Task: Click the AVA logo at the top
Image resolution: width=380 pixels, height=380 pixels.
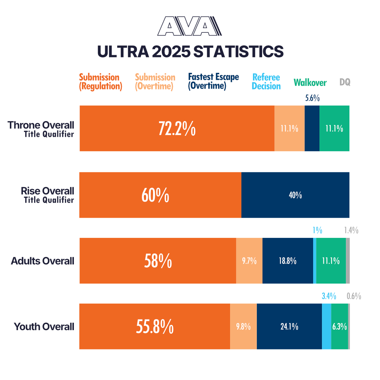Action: tap(189, 26)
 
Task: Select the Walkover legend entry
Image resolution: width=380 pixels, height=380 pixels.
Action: tap(310, 83)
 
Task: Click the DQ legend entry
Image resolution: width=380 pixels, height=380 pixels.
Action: tap(345, 82)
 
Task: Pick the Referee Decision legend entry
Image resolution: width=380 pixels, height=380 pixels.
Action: tap(266, 82)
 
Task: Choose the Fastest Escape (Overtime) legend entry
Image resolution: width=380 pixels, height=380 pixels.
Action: tap(213, 82)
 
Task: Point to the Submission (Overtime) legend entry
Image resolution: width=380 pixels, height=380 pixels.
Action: tap(155, 82)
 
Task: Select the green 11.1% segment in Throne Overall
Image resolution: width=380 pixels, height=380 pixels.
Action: tap(334, 129)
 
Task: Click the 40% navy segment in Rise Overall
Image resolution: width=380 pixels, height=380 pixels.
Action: tap(295, 195)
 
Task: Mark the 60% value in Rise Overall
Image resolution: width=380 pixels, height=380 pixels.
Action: tap(155, 195)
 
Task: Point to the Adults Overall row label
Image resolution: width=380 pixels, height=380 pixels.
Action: tap(43, 261)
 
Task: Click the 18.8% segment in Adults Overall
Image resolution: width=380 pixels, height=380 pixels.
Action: tap(287, 261)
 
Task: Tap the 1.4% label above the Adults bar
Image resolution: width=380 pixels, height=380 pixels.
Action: tap(351, 231)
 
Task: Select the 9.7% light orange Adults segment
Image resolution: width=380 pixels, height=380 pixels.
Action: tap(249, 261)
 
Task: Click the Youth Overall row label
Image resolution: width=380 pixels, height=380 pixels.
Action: tap(44, 327)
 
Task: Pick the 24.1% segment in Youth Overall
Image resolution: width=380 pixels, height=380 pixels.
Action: tap(289, 327)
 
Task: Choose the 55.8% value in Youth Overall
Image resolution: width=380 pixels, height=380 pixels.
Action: tap(154, 327)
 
